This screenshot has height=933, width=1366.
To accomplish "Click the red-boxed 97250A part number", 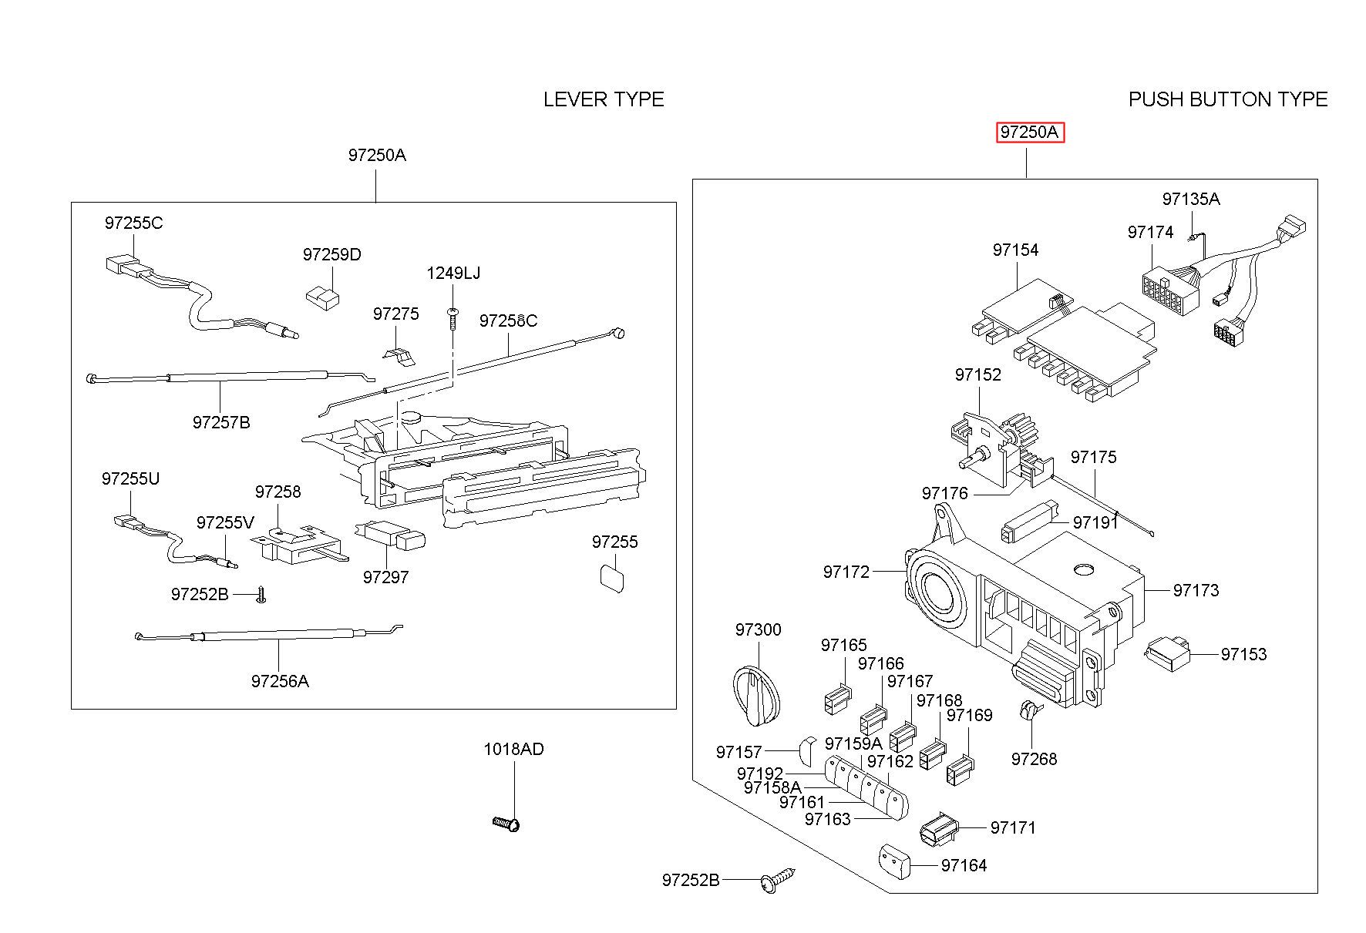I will (1029, 133).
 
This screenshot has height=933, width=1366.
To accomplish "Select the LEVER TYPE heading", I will (603, 99).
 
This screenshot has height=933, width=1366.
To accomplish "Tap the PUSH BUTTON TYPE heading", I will (1227, 99).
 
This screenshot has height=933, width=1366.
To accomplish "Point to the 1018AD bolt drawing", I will (507, 824).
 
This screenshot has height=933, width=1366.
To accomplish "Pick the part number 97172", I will (846, 572).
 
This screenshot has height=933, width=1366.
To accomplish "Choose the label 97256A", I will (280, 681).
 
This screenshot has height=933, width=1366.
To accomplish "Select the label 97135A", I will (1190, 199).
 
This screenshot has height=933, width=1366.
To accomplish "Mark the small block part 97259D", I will (324, 297).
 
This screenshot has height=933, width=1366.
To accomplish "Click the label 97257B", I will (221, 422).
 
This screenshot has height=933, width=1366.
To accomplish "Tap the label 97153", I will (1243, 654).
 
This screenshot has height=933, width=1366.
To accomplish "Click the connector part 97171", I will (938, 830).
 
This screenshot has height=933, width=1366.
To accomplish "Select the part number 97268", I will (1034, 759).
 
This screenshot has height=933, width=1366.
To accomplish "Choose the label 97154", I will (1015, 250).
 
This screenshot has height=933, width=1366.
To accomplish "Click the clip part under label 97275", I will (399, 354).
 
